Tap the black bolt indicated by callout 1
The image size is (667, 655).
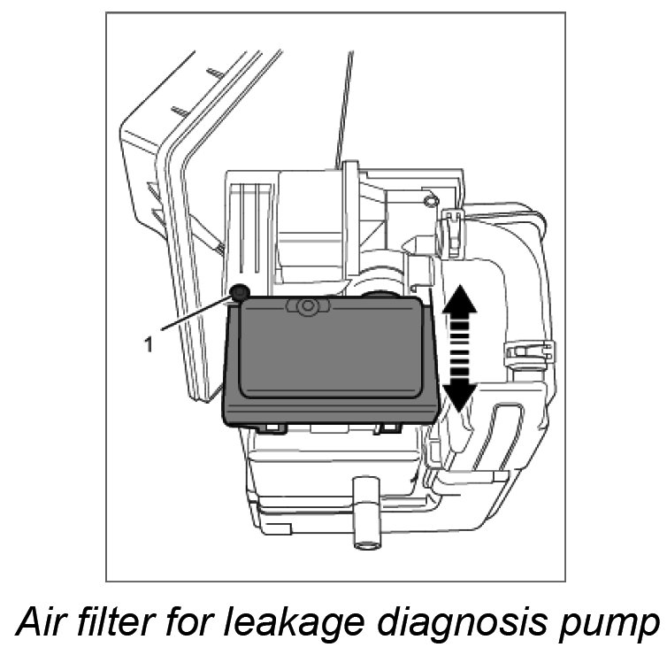coord(239,292)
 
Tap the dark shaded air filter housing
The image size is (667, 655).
coord(332,363)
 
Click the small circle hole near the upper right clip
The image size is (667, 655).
coord(430,202)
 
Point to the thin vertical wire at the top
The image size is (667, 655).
coord(344,106)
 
